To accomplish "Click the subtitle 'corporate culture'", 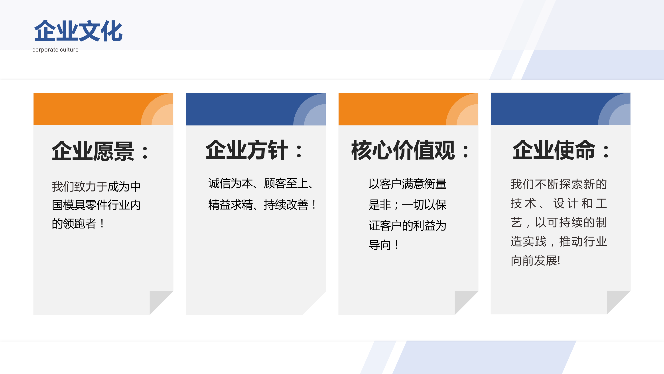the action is [55, 50].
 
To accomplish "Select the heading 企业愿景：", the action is [100, 151].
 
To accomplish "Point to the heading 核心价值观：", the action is [410, 150].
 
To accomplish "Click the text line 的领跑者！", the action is [78, 223].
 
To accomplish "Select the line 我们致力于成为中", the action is [96, 186].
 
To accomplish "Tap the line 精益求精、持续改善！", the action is [262, 205].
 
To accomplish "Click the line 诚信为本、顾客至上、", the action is [261, 183].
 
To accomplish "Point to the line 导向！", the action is [384, 245].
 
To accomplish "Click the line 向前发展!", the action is [536, 261].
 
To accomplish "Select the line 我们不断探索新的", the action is [559, 184].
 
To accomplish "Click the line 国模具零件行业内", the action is [96, 205].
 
